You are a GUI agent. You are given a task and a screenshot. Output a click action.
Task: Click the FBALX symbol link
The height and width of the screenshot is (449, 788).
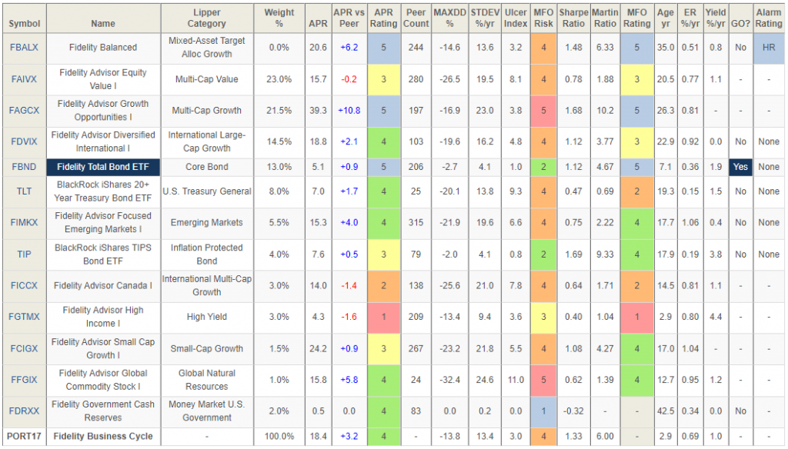[x=25, y=47]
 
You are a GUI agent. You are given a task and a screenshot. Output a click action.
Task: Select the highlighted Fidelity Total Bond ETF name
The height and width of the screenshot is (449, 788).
[x=103, y=167]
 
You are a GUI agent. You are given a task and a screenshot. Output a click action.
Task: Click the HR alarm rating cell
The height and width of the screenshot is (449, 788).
[x=768, y=47]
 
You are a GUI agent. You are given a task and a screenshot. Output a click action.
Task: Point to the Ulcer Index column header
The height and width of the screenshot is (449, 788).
[x=516, y=18]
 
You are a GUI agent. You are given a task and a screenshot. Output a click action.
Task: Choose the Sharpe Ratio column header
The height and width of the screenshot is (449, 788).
[x=573, y=18]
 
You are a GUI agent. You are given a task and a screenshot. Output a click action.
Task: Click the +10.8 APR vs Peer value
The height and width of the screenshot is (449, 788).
[x=349, y=110]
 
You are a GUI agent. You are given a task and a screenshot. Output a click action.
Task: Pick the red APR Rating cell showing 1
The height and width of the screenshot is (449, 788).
[x=383, y=316]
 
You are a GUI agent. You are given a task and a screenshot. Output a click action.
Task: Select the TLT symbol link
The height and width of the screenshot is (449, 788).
[x=25, y=191]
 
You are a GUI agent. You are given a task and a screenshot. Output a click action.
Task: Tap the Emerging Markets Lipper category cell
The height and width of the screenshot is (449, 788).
[x=206, y=222]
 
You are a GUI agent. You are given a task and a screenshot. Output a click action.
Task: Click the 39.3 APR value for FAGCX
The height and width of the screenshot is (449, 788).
[x=318, y=110]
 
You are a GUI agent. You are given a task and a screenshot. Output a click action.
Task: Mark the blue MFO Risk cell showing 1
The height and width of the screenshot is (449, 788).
[x=543, y=411]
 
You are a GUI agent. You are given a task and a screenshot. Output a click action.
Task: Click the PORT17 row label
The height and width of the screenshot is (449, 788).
[x=25, y=436]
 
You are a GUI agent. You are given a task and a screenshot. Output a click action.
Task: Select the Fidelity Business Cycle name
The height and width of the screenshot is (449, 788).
[x=103, y=436]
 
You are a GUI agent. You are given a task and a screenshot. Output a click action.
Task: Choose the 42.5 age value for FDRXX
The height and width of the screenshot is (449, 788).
[x=665, y=411]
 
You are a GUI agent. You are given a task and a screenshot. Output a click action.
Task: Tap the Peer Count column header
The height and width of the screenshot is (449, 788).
[x=416, y=18]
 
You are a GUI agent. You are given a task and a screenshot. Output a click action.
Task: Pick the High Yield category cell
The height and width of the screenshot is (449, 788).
[x=206, y=316]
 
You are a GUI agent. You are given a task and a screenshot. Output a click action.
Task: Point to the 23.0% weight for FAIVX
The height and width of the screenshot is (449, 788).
[x=279, y=78]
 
